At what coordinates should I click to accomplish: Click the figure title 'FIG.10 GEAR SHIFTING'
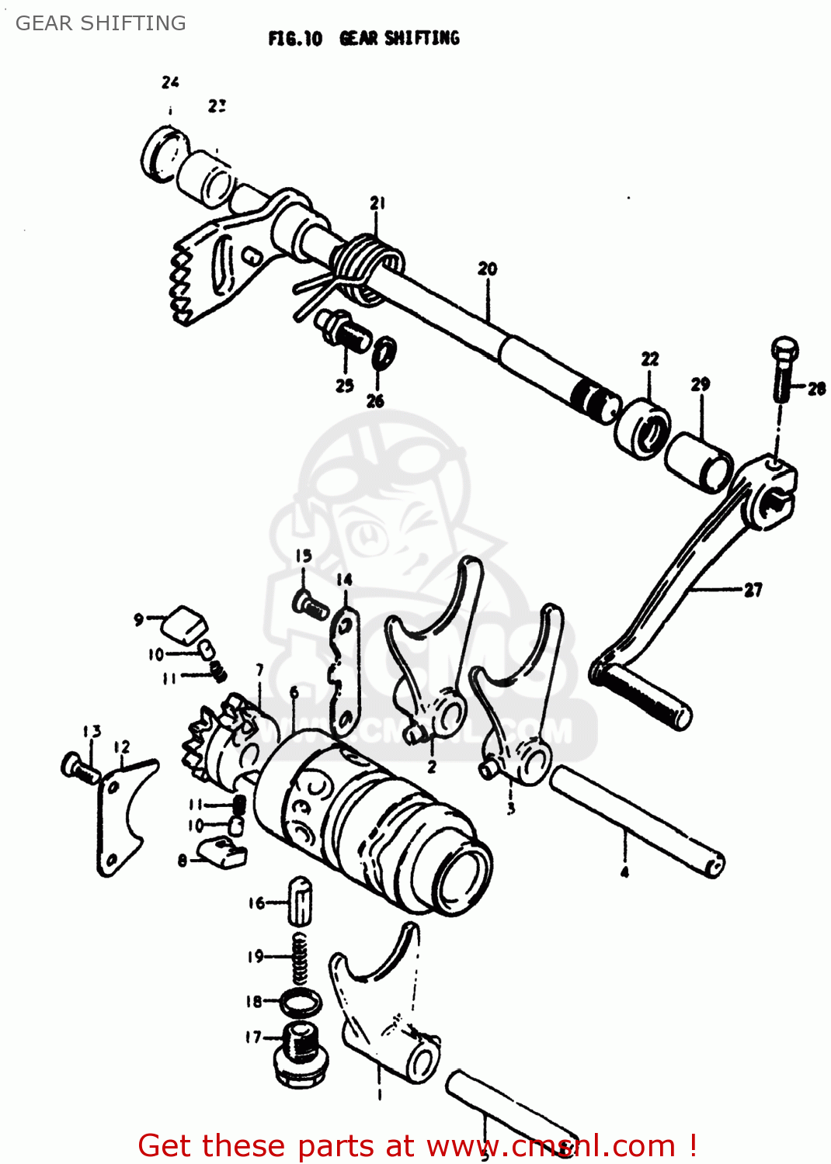(363, 38)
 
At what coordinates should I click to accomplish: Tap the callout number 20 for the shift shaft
(487, 269)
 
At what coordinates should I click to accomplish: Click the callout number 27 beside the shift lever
(753, 591)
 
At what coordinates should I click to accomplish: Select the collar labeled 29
(699, 462)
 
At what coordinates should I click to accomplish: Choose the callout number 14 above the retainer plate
(344, 580)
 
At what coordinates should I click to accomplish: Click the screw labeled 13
(78, 767)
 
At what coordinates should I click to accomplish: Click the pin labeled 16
(300, 901)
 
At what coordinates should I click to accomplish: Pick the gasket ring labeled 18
(301, 1002)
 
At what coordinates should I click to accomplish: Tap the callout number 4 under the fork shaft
(624, 872)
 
